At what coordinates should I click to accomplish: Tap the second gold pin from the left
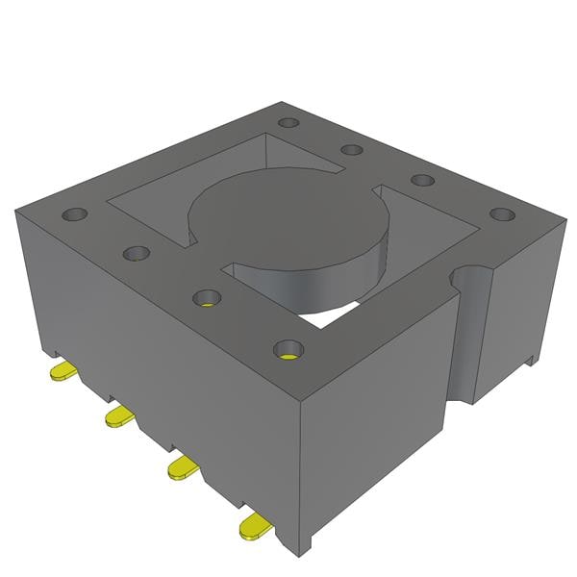(118, 415)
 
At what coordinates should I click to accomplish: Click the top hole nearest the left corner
(74, 214)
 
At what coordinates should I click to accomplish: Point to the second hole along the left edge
(136, 253)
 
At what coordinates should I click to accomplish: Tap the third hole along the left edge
(206, 297)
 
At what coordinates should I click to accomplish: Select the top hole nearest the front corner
(287, 348)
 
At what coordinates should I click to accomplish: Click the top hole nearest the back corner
(288, 123)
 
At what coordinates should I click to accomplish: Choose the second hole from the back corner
(352, 150)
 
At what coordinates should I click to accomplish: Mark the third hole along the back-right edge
(421, 180)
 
